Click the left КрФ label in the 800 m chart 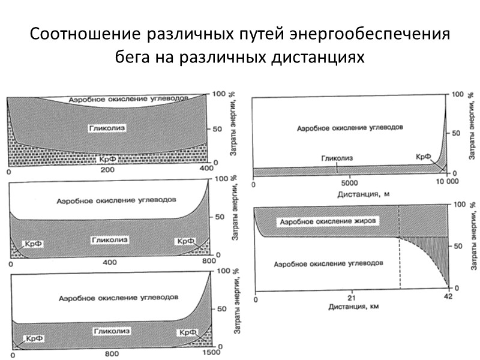click(31, 244)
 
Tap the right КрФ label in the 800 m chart click(184, 241)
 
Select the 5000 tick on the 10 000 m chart click(350, 182)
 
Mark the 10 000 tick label click(445, 182)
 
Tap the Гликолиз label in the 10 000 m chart click(336, 158)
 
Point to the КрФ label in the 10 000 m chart click(423, 157)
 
